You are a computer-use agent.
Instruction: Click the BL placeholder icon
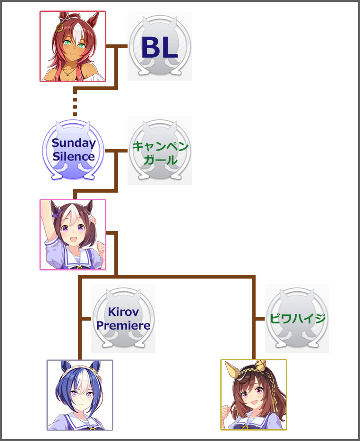[x=159, y=46]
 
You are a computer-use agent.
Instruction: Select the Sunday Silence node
[x=73, y=150]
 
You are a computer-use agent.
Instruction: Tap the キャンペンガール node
[x=159, y=151]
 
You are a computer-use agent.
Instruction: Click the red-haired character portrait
[x=73, y=46]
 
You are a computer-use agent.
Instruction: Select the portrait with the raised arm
[x=73, y=235]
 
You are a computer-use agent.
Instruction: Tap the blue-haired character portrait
[x=79, y=395]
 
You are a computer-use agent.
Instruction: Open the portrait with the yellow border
[x=253, y=395]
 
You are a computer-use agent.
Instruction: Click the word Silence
[x=73, y=156]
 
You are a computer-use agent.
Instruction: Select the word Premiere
[x=123, y=325]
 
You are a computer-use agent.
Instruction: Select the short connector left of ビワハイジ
[x=259, y=319]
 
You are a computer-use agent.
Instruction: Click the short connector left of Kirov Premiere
[x=86, y=319]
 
